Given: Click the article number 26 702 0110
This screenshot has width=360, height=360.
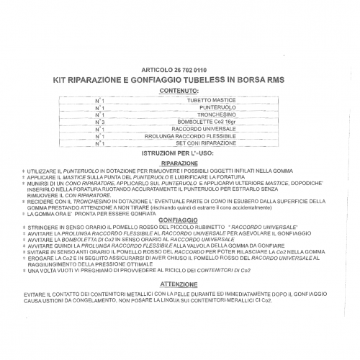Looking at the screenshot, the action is [201, 70].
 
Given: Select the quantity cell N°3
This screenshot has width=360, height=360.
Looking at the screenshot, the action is [99, 122].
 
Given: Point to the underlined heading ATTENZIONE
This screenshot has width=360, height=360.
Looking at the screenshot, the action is [179, 284].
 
